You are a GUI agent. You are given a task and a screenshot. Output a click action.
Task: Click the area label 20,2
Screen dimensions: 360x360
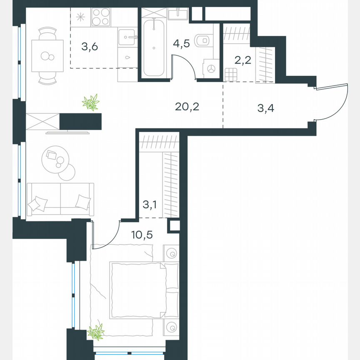(187, 107)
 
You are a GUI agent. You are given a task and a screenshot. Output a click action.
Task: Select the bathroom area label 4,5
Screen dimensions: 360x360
(181, 43)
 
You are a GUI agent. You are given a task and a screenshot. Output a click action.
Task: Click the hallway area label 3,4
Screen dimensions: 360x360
(266, 109)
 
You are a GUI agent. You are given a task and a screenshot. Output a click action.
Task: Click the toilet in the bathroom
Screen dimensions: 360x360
(203, 41)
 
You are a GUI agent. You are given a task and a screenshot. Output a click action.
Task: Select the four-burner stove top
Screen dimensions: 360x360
(100, 18)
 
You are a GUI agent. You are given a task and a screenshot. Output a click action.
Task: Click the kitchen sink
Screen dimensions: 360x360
(127, 38)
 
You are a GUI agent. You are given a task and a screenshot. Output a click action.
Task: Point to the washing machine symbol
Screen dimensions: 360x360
(212, 68)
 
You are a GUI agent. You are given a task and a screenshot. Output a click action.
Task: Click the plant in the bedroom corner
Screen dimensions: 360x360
(96, 332)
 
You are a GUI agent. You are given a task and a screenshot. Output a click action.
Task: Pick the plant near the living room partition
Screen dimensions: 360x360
(91, 102)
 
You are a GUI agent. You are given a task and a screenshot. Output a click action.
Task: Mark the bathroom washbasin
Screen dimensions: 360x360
(178, 15)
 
